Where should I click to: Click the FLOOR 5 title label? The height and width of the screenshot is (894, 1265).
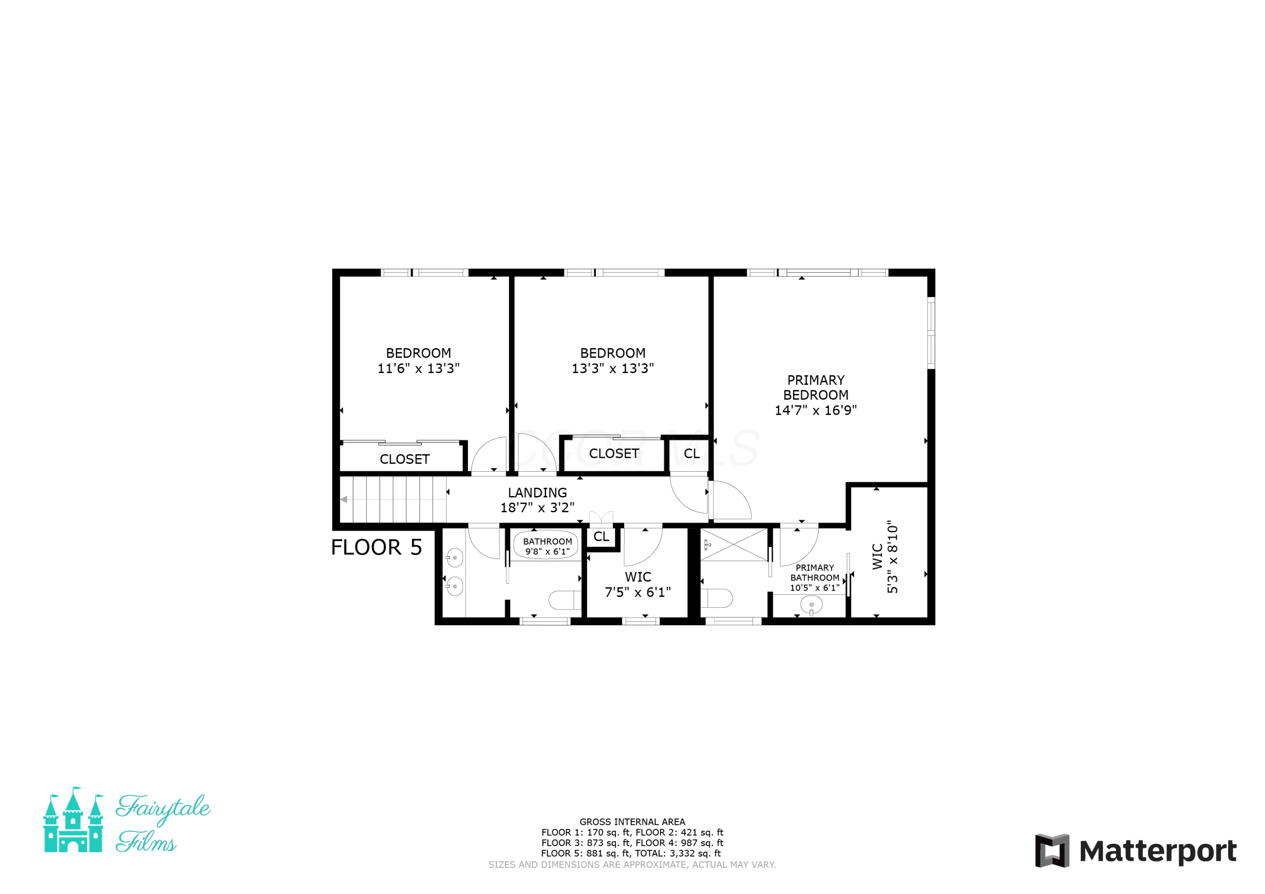(x=376, y=547)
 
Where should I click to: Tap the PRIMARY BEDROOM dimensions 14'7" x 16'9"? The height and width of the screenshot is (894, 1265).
(x=816, y=411)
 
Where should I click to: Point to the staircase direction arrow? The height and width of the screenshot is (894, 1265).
(x=343, y=499)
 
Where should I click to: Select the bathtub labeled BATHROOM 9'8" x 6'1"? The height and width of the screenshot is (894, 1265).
(x=546, y=545)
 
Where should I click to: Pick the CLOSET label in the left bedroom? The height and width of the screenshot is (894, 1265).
(x=404, y=459)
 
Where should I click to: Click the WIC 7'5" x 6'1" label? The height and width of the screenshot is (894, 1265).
(x=638, y=585)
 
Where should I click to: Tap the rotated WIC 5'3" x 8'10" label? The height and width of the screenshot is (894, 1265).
(x=885, y=557)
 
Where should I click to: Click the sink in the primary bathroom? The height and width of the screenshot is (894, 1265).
(x=811, y=605)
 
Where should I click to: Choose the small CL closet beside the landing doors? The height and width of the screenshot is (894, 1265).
(x=601, y=537)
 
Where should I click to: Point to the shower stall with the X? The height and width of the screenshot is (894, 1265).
(x=734, y=545)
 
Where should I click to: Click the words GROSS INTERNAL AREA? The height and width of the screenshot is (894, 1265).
(x=632, y=822)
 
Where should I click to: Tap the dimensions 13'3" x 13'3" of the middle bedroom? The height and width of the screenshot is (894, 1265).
(x=613, y=368)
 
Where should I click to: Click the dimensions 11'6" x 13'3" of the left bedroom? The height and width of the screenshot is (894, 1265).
(x=418, y=368)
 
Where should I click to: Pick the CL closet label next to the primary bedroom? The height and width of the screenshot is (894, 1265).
(x=692, y=454)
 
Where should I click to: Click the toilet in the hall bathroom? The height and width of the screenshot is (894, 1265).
(x=565, y=600)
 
